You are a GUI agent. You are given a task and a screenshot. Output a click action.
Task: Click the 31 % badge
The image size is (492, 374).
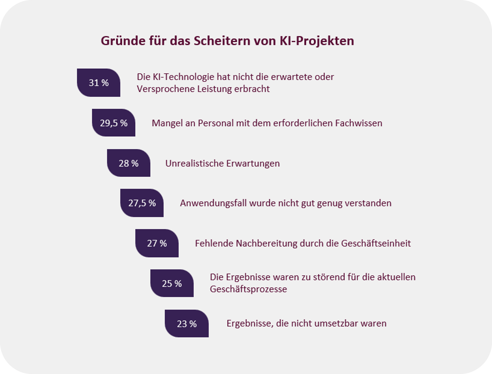[99, 83]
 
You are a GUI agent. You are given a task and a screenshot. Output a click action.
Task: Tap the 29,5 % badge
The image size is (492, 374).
[114, 123]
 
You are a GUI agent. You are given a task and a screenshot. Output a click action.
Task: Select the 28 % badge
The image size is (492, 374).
[129, 163]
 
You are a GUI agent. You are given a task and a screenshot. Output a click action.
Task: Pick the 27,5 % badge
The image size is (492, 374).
[142, 203]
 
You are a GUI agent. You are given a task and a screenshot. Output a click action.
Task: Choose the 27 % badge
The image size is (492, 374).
[157, 243]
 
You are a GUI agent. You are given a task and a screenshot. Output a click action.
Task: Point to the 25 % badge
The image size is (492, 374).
[172, 283]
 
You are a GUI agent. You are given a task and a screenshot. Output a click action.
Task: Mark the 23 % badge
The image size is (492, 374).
[187, 323]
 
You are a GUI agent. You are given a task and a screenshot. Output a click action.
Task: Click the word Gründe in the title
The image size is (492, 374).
[123, 41]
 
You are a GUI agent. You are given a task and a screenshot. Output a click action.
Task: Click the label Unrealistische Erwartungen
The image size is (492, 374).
[223, 163]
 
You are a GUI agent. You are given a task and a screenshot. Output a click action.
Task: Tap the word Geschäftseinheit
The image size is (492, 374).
[376, 243]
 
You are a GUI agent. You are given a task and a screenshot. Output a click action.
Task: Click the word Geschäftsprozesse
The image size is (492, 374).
[248, 289]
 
